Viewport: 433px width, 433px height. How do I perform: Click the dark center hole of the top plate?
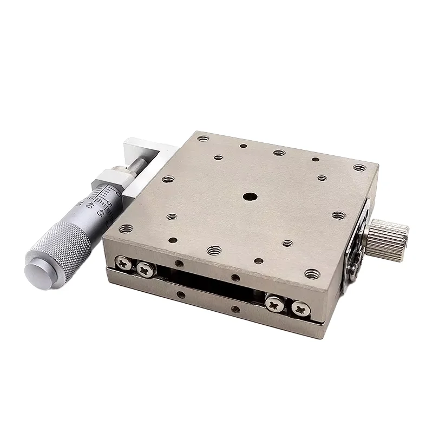pyautogui.click(x=249, y=197)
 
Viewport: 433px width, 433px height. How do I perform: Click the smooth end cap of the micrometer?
pyautogui.click(x=38, y=271)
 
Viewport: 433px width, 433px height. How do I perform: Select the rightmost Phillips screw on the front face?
pyautogui.click(x=301, y=309)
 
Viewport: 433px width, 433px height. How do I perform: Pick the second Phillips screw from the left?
pyautogui.click(x=145, y=268)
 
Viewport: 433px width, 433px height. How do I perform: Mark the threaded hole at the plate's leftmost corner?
pyautogui.click(x=126, y=229)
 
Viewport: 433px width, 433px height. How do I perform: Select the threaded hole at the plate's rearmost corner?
pyautogui.click(x=203, y=139)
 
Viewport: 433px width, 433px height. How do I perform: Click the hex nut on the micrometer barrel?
pyautogui.click(x=110, y=179)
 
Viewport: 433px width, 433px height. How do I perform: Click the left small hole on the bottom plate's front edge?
pyautogui.click(x=180, y=296)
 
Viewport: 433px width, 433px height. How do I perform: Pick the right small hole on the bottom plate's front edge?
pyautogui.click(x=235, y=310)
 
